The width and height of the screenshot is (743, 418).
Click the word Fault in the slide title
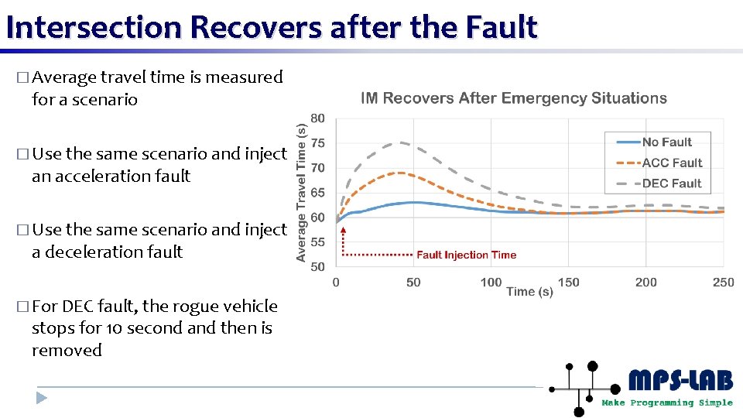[x=501, y=27]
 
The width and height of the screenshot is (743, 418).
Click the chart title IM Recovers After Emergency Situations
[x=514, y=98]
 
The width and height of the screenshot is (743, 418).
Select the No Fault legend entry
[x=666, y=142]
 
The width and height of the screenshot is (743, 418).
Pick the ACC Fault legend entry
[x=671, y=163]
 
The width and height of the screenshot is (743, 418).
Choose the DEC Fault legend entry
[x=671, y=183]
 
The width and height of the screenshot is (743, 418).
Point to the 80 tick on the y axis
[x=318, y=118]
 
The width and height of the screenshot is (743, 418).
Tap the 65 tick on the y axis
[x=318, y=193]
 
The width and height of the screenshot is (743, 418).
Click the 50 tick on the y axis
[x=318, y=267]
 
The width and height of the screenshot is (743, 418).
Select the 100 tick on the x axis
[x=491, y=283]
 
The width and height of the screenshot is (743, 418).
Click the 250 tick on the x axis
[x=723, y=283]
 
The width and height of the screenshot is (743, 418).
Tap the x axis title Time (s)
[x=529, y=292]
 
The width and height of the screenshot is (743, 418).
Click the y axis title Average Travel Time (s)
[x=301, y=193]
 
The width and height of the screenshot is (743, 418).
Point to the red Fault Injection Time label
[x=466, y=255]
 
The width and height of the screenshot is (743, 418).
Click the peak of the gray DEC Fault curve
[x=400, y=142]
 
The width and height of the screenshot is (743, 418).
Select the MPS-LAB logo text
[x=680, y=382]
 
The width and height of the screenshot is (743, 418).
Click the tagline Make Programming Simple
[x=667, y=403]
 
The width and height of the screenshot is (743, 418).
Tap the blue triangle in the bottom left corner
[x=42, y=398]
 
